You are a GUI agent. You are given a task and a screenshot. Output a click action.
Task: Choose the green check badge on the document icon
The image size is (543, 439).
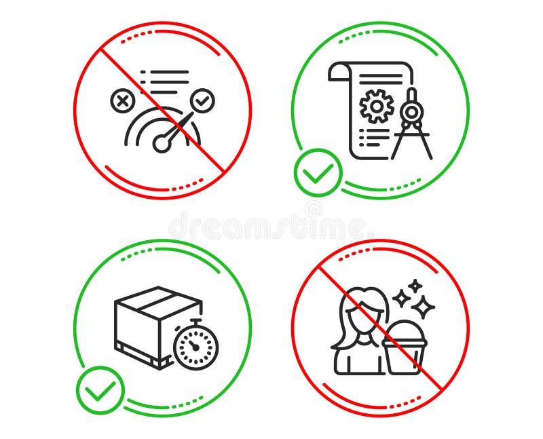coord(317,172)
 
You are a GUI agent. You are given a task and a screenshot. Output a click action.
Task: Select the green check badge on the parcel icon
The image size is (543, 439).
coord(100,390)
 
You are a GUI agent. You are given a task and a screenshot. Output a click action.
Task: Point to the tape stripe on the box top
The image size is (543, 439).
coord(158,295)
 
